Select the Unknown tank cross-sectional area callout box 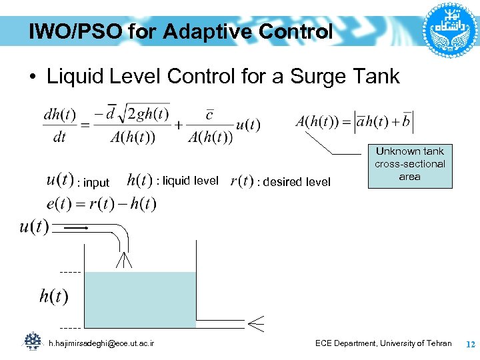point(409,164)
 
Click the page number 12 point(469,344)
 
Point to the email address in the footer point(102,343)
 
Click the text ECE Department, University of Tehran point(383,343)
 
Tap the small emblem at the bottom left point(33,341)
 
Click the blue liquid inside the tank point(141,299)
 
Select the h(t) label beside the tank point(53,296)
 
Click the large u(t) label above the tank point(34,227)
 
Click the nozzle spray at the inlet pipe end point(123,260)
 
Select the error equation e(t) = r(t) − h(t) point(101,204)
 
